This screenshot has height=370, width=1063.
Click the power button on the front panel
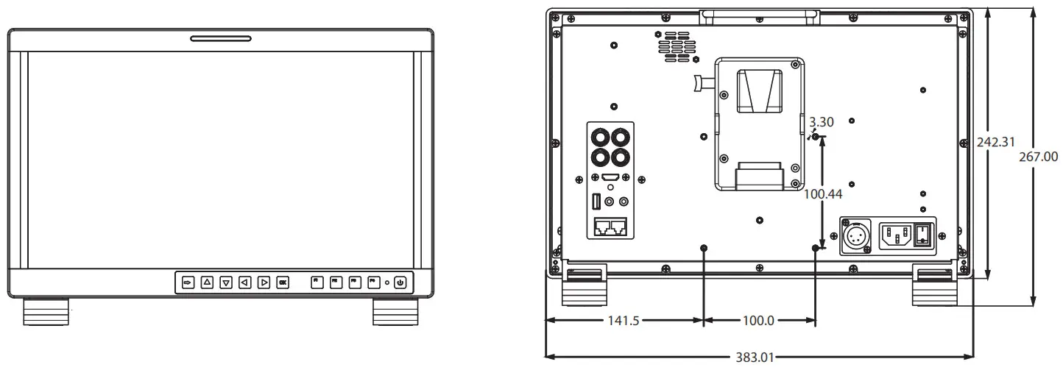pos(400,282)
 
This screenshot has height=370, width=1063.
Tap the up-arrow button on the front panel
pos(207,282)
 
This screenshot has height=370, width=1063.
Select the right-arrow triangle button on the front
pos(264,282)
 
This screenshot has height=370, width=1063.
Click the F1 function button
pos(317,282)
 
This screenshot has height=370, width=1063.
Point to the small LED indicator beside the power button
pos(387,282)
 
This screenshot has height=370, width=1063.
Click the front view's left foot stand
pos(46,311)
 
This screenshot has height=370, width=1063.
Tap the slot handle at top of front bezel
pos(220,38)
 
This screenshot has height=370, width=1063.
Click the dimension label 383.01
pos(755,358)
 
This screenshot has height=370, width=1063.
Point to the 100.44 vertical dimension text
pos(822,195)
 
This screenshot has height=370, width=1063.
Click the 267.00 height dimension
pos(1038,156)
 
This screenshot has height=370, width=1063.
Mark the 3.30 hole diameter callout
pos(822,123)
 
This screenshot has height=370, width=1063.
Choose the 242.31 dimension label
pos(997,142)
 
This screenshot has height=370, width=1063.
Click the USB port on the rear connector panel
pos(596,200)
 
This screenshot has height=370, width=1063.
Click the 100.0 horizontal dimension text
pos(758,321)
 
